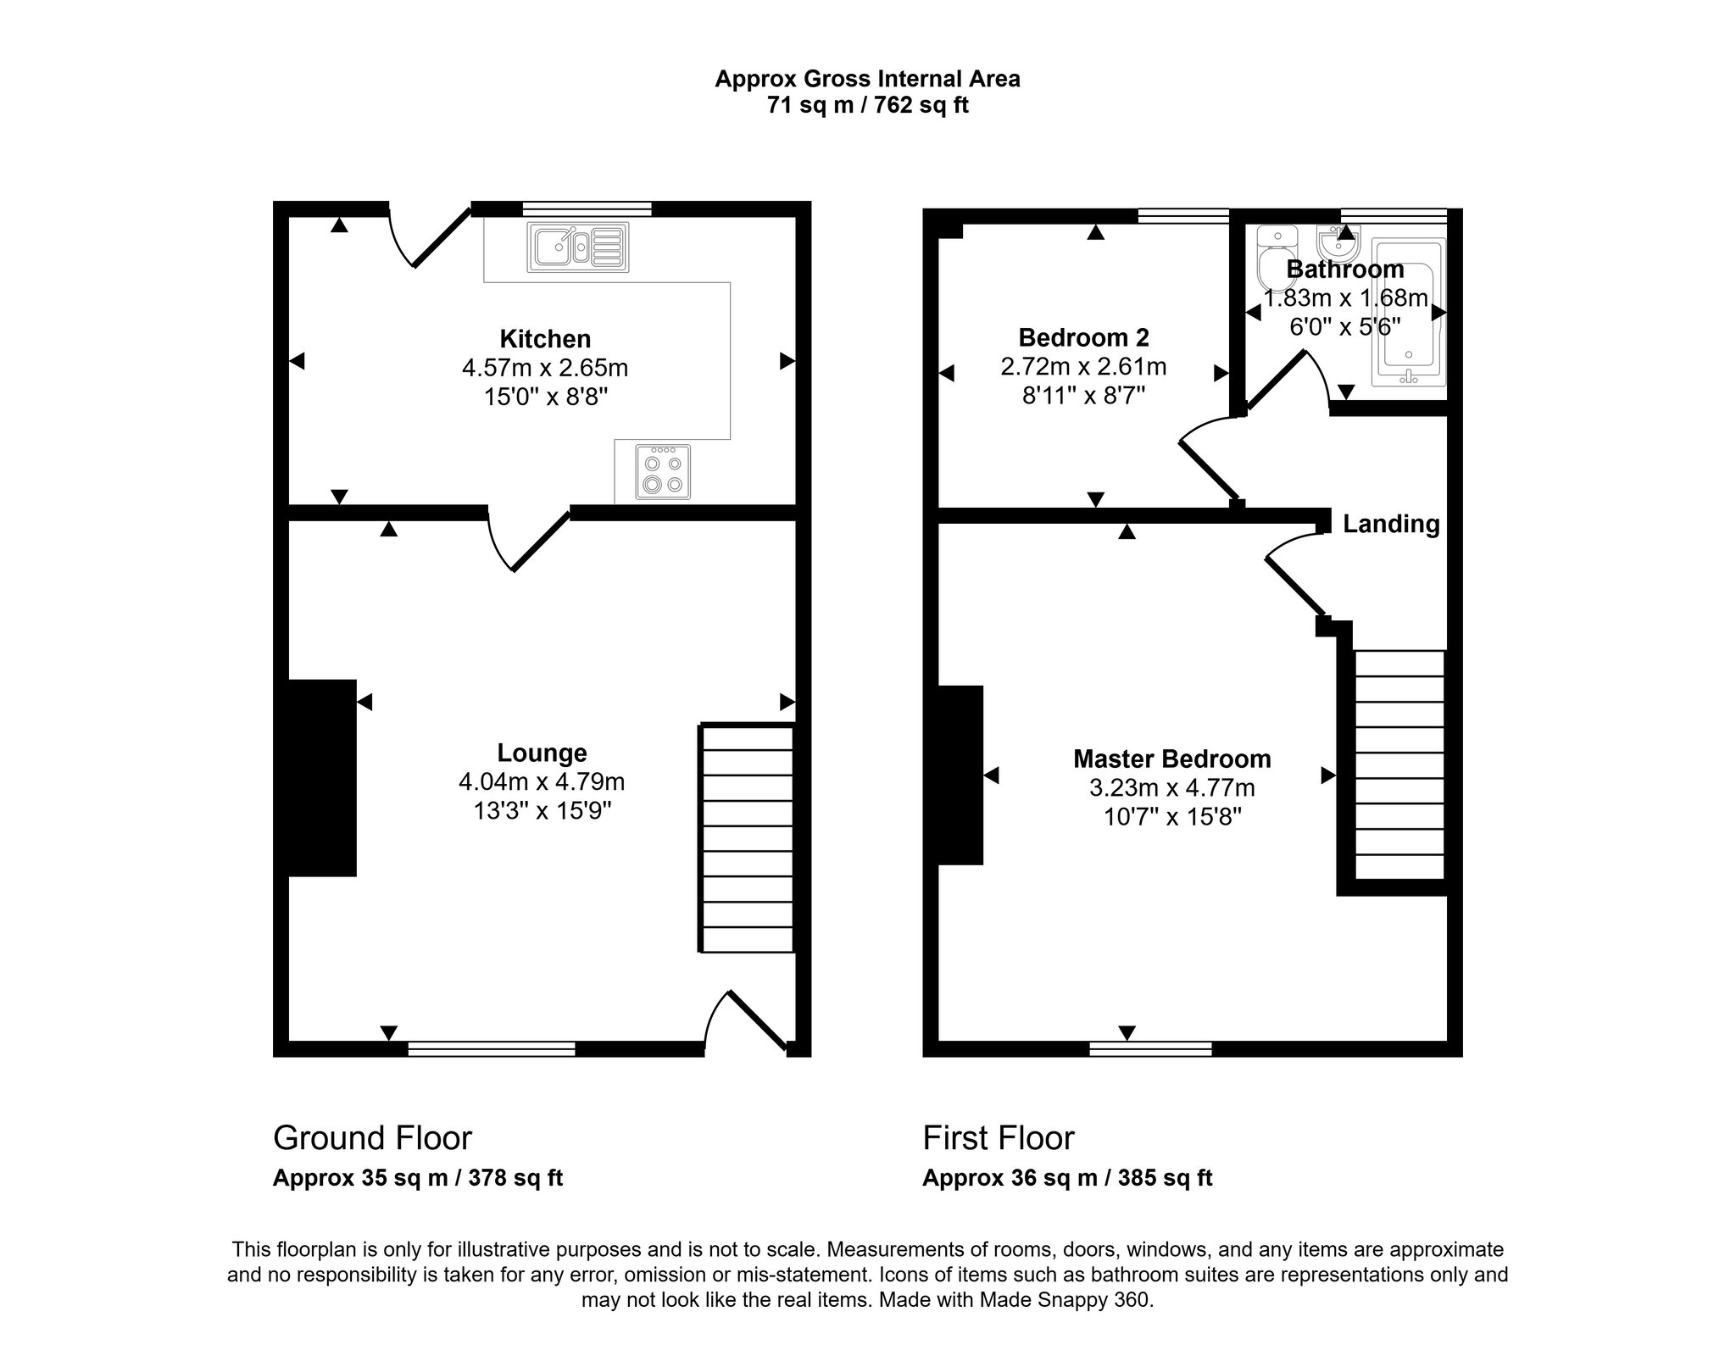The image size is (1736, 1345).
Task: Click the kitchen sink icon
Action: [578, 247]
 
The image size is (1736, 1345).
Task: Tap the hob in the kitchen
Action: [663, 472]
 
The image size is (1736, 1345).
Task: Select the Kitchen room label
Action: [545, 339]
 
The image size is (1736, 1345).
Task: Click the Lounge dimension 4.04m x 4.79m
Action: [542, 781]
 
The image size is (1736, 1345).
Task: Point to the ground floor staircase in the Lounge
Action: [747, 838]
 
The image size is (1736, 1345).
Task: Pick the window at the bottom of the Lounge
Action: [492, 1048]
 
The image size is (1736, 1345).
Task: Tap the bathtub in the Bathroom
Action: [1409, 314]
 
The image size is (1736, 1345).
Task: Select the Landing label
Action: [1391, 524]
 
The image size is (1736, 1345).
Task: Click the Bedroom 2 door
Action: [1208, 469]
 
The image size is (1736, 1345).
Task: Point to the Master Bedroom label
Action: [1171, 759]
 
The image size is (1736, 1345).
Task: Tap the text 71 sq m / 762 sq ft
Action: [867, 106]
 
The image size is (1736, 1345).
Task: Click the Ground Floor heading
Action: [372, 1137]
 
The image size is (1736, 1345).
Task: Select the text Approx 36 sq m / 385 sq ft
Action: [1067, 1178]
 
